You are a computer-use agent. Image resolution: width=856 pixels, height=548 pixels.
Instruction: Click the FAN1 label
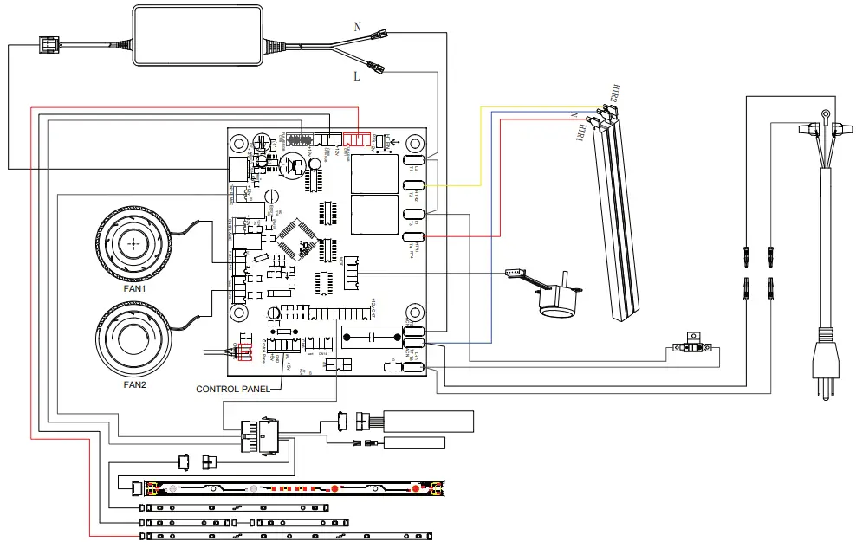(134, 290)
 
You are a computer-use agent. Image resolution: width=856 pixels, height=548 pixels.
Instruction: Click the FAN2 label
(134, 384)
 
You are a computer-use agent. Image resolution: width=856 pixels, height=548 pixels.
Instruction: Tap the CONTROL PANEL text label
(232, 390)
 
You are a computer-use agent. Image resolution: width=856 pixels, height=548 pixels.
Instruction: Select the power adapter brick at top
(199, 35)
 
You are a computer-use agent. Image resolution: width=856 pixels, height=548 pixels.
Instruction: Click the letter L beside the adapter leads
(357, 77)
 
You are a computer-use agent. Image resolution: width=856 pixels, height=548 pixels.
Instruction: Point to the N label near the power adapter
(357, 27)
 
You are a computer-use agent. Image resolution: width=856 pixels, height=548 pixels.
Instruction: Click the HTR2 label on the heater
(612, 93)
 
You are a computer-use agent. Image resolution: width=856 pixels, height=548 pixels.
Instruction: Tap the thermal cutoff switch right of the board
(693, 347)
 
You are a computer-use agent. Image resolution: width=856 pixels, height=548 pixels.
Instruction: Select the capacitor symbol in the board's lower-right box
(371, 337)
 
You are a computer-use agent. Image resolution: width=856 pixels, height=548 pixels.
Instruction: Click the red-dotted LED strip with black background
(295, 489)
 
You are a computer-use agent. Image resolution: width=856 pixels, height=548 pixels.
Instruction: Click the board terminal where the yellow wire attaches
(412, 186)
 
